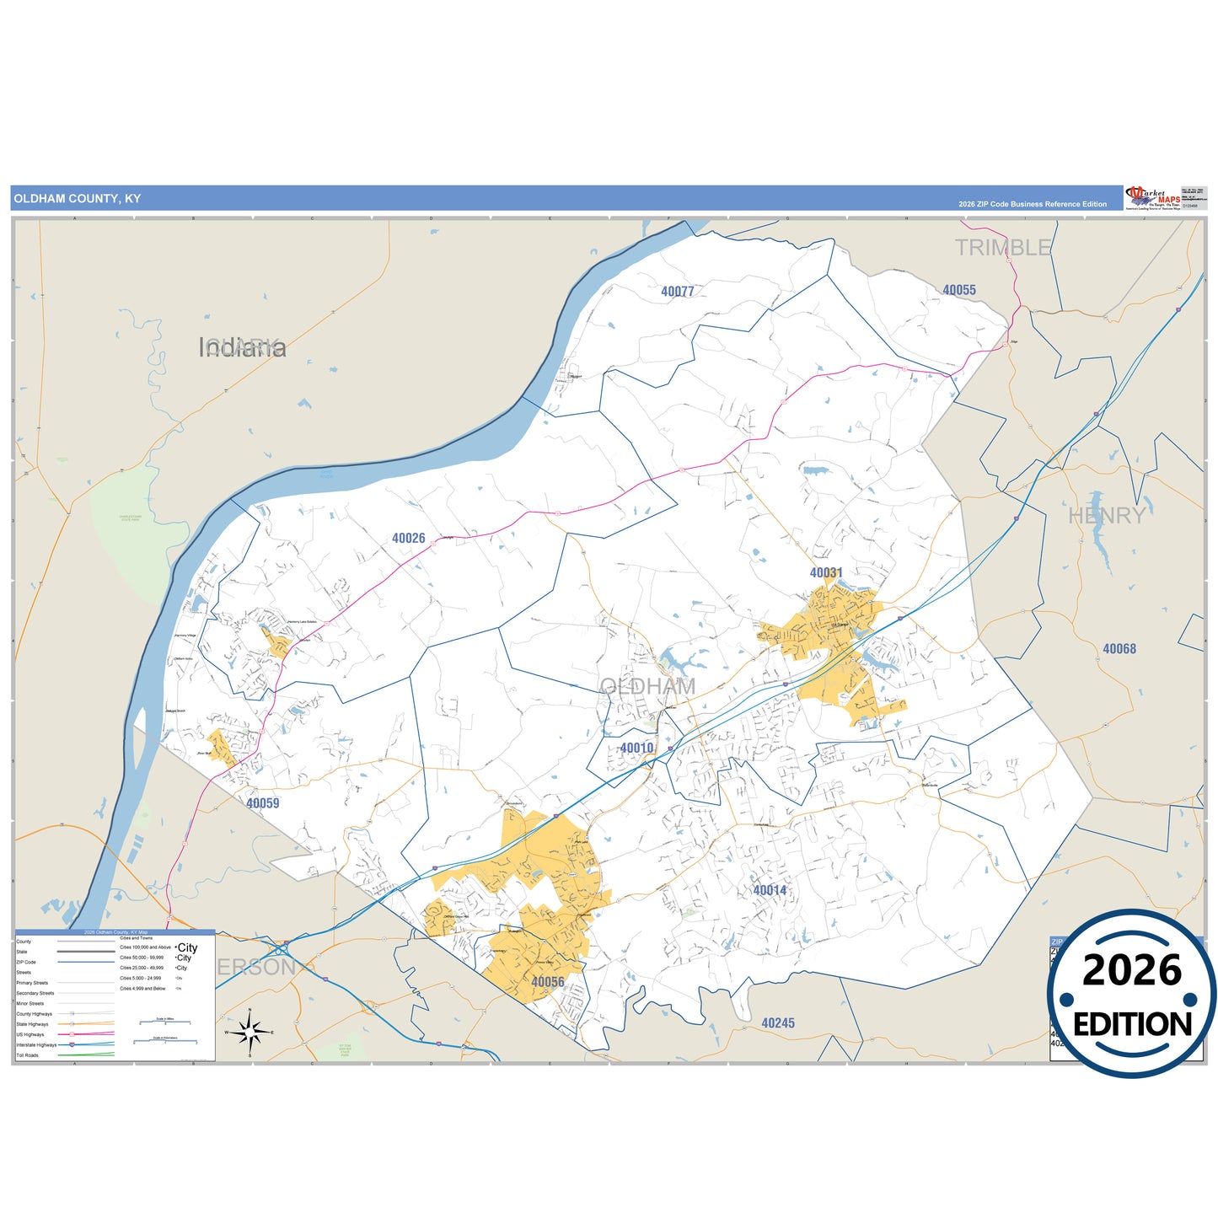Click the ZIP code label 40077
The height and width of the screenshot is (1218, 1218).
click(x=678, y=292)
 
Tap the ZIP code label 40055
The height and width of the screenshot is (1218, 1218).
click(x=959, y=290)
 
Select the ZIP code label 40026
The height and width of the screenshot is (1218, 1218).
click(x=409, y=538)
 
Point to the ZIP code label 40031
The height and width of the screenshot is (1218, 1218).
click(x=826, y=572)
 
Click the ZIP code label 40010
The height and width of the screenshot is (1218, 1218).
click(x=636, y=748)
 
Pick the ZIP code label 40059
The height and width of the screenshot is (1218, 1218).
click(x=263, y=803)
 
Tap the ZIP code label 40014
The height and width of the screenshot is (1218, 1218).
click(x=770, y=890)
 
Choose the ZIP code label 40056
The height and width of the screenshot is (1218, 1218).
click(x=548, y=982)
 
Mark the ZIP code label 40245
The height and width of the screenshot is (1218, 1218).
click(x=778, y=1023)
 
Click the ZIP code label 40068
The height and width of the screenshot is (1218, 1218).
click(x=1119, y=649)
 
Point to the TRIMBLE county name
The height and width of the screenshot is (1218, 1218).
click(x=1003, y=248)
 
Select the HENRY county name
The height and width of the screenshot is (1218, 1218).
click(x=1107, y=516)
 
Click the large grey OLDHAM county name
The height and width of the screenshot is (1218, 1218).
click(x=648, y=687)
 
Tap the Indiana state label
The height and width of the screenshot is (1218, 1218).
click(x=243, y=347)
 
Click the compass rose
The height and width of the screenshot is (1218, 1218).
click(x=250, y=1032)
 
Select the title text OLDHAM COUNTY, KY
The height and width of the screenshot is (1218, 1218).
click(x=78, y=199)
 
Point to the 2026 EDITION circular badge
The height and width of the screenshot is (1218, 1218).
click(x=1132, y=995)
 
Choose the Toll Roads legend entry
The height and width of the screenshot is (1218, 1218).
click(x=28, y=1055)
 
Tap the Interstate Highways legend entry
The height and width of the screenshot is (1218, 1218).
click(x=37, y=1045)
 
